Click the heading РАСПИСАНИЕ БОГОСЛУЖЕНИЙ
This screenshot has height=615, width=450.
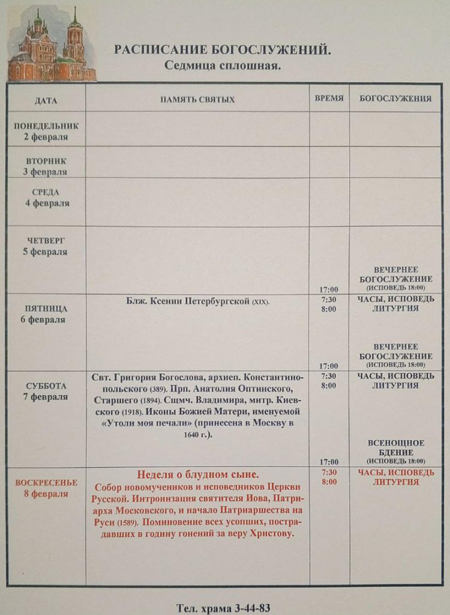coord(223,50)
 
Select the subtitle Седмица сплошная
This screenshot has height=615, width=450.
coord(223,65)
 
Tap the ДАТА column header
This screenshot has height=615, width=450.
coord(46,100)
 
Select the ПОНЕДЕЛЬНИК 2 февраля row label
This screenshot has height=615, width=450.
coord(46,132)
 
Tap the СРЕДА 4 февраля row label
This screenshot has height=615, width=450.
coord(46,198)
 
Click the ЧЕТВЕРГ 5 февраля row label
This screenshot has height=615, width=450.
coord(46,246)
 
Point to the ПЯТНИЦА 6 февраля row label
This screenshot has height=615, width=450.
coord(46,314)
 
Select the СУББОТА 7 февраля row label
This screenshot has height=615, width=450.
coord(46,392)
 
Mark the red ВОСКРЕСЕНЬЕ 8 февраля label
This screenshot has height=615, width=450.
coord(46,488)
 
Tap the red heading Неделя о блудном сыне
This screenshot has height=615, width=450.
coord(197,474)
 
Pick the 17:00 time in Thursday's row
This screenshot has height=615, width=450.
coord(329,289)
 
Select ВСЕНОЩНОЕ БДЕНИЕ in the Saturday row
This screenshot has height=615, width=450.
coord(395,447)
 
